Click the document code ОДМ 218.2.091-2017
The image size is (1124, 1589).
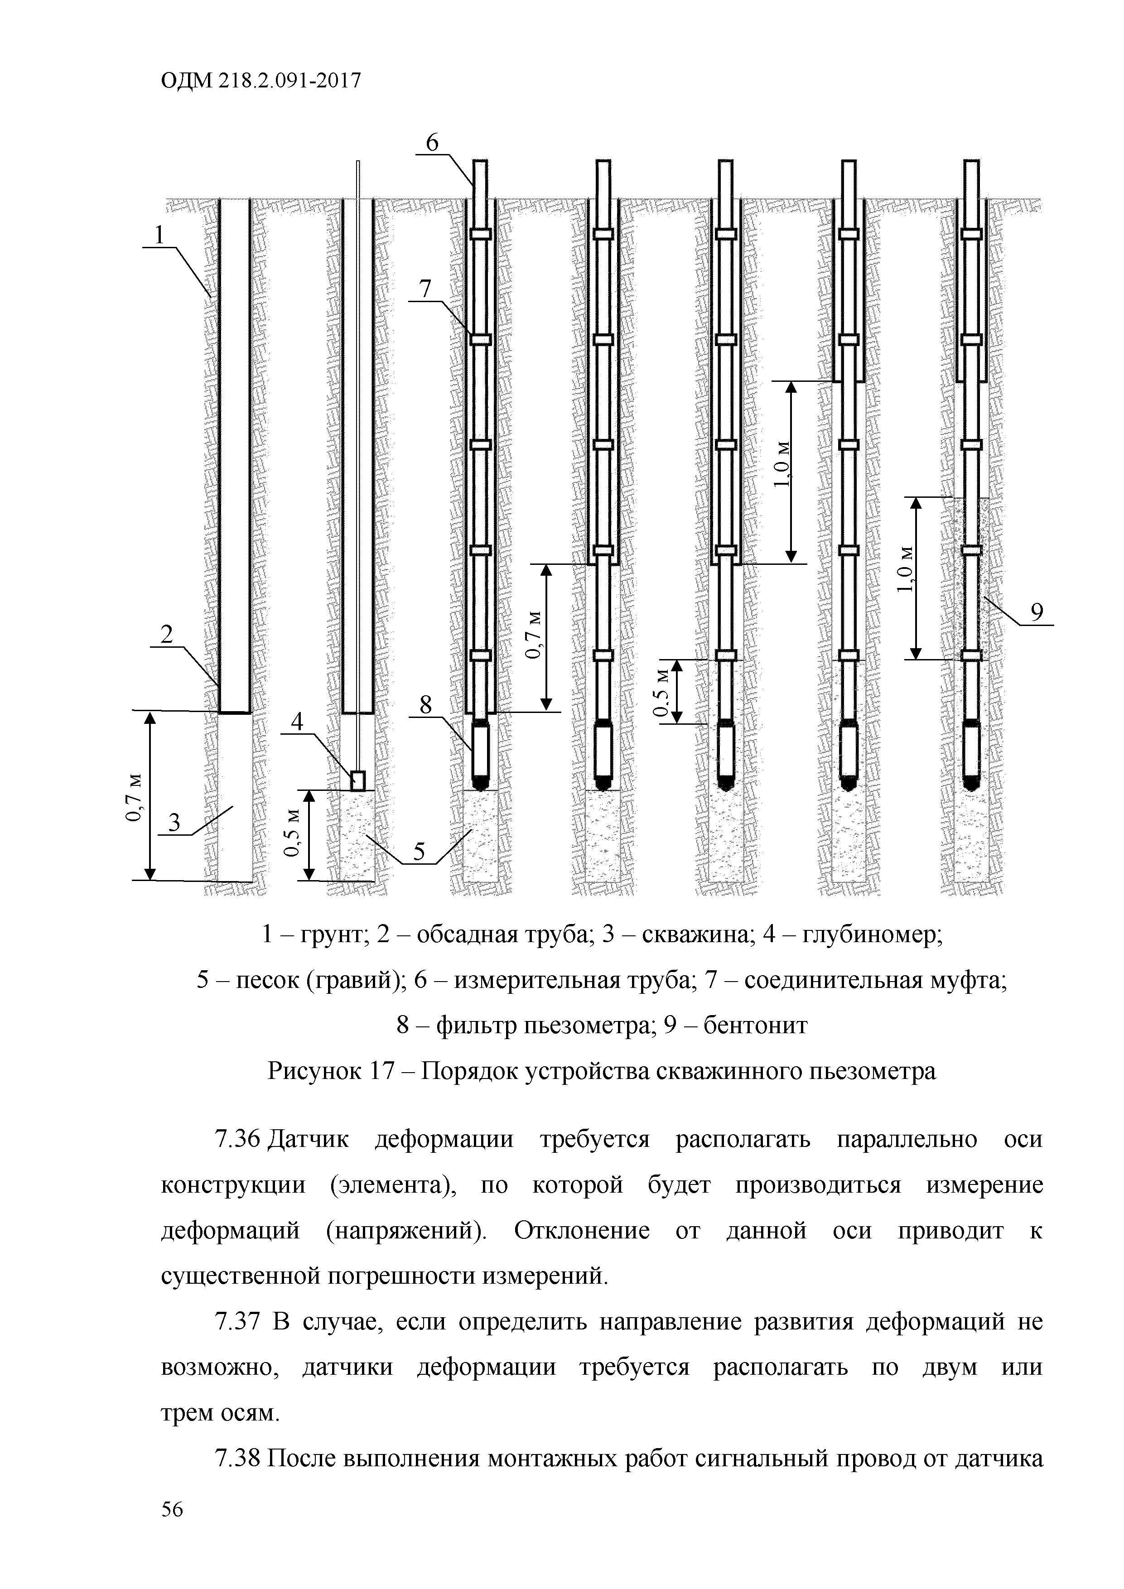(x=261, y=82)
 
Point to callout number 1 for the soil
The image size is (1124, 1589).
(x=160, y=235)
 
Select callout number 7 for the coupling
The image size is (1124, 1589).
(x=425, y=289)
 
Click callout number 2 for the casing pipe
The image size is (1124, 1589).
(x=167, y=634)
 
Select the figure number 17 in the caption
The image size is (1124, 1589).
(x=382, y=1071)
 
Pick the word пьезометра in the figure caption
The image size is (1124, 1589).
(x=873, y=1071)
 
